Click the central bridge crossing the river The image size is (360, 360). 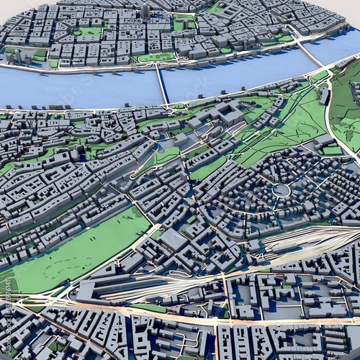162,84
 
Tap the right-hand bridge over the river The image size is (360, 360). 308,53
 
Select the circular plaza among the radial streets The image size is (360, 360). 281,190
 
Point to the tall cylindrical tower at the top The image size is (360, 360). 145,10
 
